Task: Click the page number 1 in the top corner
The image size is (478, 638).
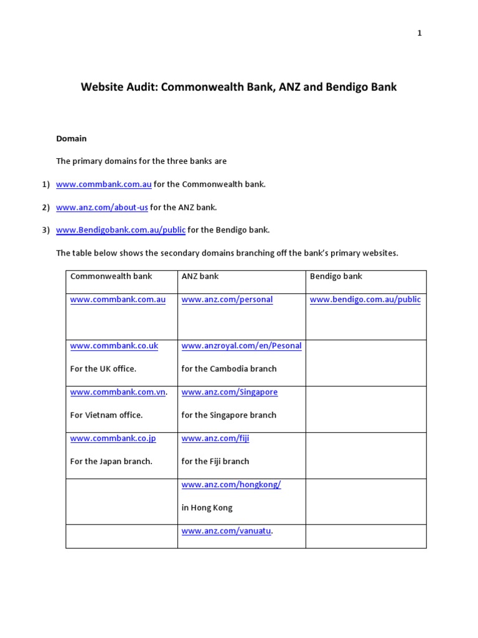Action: (419, 34)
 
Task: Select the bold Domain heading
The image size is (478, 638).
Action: (72, 138)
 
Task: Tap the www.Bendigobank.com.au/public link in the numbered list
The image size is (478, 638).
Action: (121, 230)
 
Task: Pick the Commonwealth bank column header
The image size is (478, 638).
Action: (111, 276)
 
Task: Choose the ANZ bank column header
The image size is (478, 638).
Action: (200, 276)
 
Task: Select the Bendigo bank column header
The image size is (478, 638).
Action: (335, 276)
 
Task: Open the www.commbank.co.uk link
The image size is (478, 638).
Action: (114, 346)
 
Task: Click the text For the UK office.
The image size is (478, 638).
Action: (103, 369)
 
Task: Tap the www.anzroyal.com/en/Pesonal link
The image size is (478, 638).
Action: (241, 346)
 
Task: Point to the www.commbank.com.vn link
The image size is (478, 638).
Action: (118, 392)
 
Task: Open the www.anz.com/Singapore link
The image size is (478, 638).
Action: (230, 392)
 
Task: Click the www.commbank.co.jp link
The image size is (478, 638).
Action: (113, 438)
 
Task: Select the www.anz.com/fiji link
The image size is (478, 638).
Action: (215, 438)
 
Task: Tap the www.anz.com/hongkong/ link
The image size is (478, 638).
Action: (231, 484)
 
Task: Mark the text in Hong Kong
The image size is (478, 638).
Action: (207, 508)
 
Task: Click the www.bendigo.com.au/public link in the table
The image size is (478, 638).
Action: (365, 300)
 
